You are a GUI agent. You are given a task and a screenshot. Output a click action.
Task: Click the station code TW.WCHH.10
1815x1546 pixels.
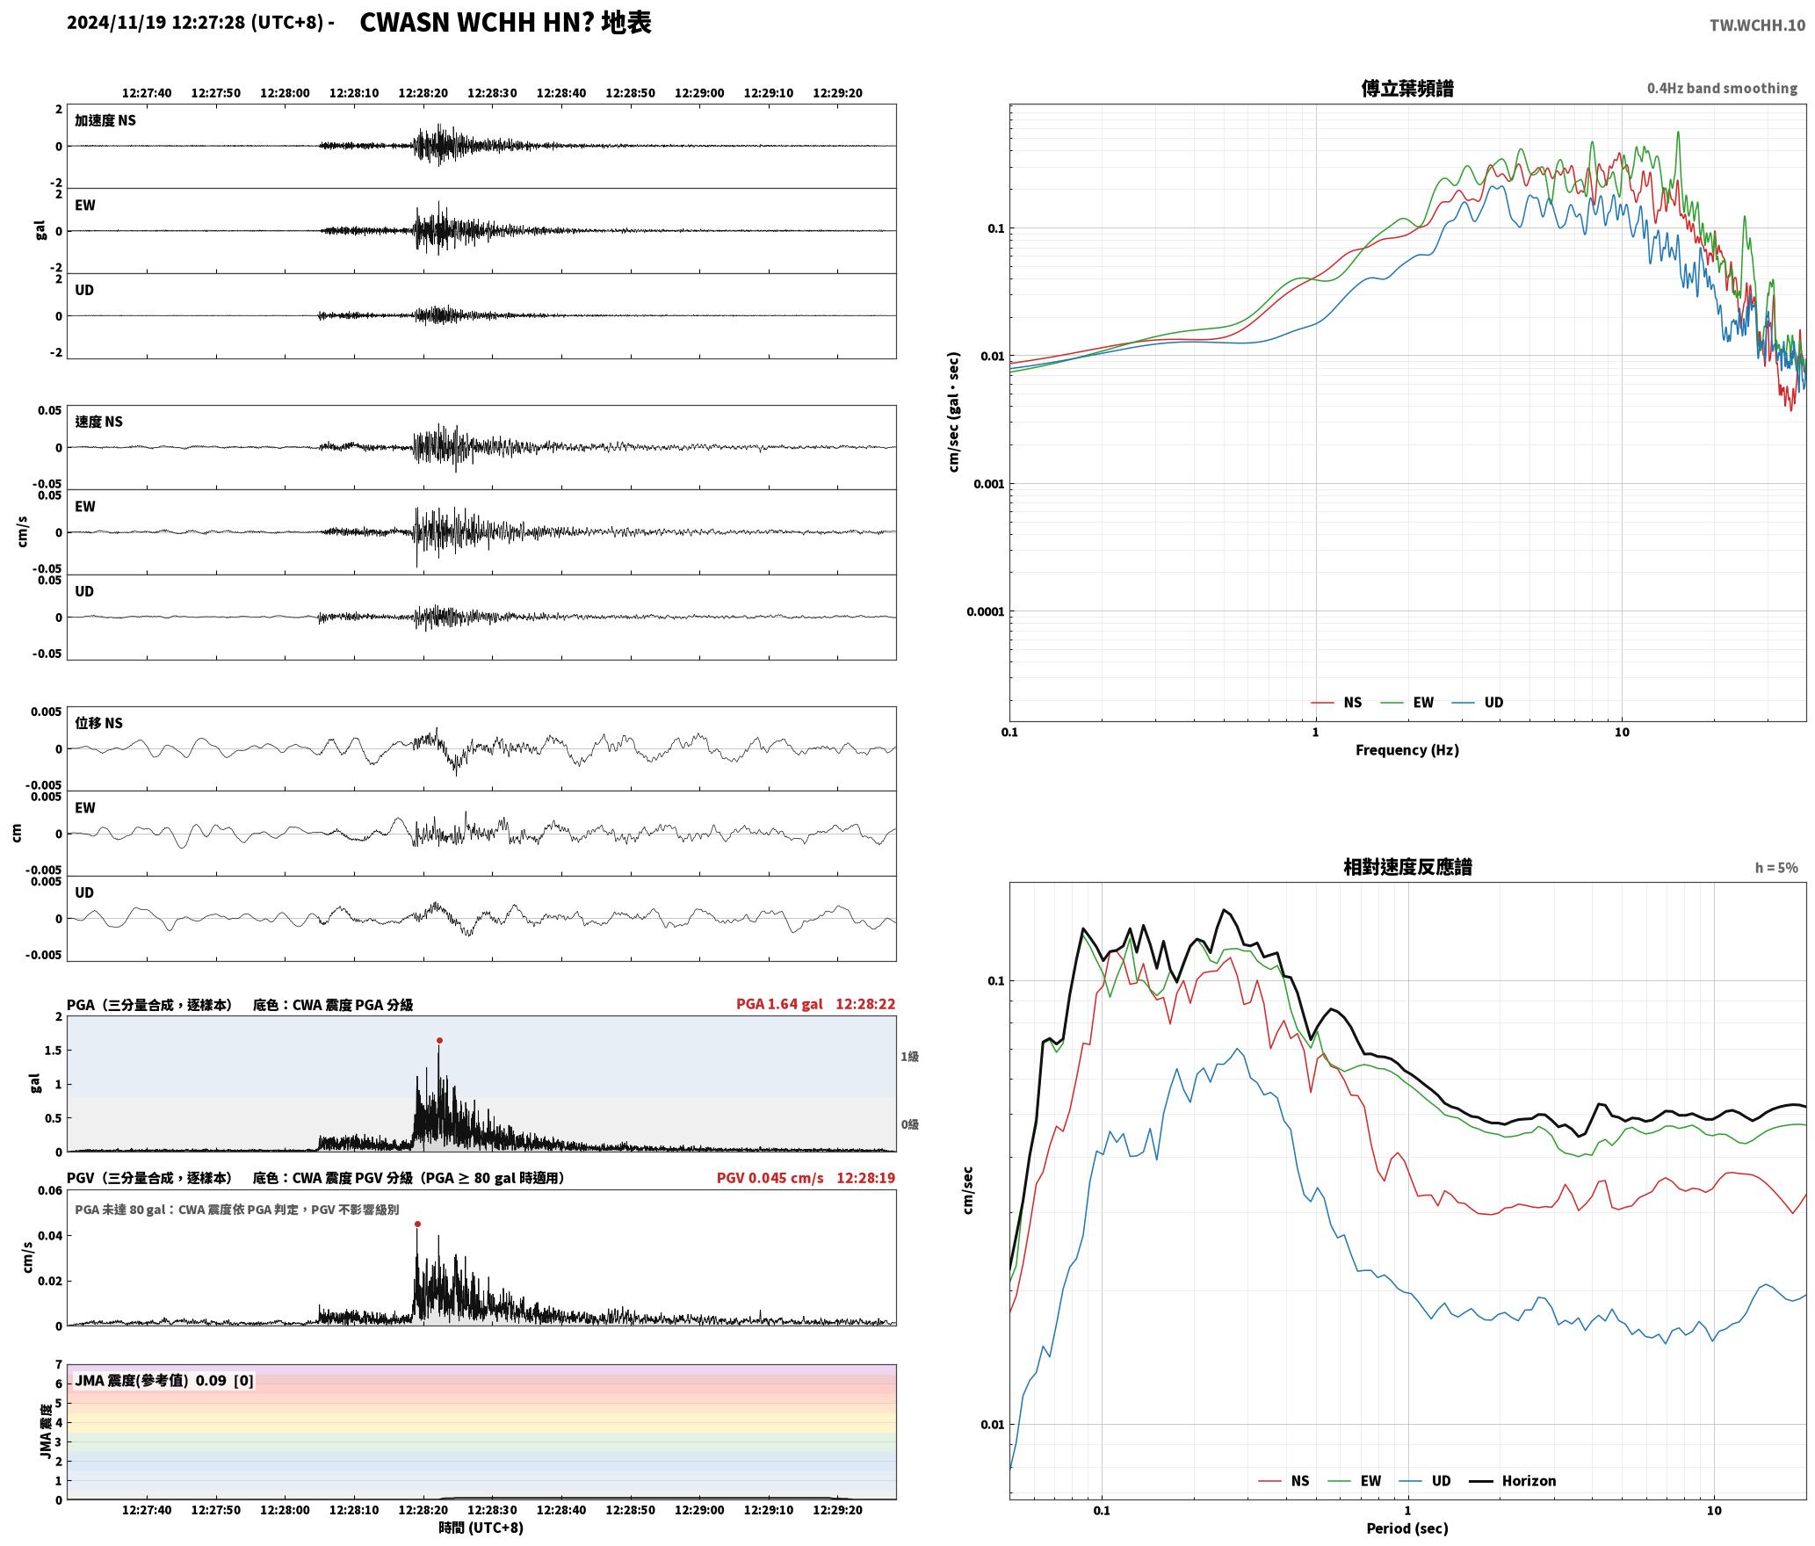click(x=1757, y=25)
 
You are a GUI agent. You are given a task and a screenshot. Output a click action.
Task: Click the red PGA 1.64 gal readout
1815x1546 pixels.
click(x=779, y=1004)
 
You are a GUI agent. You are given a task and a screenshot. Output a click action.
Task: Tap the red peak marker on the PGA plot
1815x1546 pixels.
click(x=439, y=1041)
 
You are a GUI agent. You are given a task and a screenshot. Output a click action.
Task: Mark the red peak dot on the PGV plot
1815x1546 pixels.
click(x=417, y=1224)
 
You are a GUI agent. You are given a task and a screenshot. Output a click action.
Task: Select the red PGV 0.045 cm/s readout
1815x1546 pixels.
click(x=770, y=1178)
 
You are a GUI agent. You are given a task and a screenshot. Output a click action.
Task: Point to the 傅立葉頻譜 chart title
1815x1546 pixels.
click(x=1406, y=88)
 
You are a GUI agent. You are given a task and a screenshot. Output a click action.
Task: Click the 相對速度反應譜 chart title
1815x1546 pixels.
click(x=1407, y=867)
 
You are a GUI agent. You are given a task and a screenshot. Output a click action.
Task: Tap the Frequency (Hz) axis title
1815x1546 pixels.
click(x=1406, y=749)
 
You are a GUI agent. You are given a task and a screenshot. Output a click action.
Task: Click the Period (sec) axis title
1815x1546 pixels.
click(x=1406, y=1528)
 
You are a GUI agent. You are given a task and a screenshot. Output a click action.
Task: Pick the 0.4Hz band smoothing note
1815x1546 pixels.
click(x=1722, y=88)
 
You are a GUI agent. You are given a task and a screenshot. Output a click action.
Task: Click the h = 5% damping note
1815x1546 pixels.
click(x=1776, y=868)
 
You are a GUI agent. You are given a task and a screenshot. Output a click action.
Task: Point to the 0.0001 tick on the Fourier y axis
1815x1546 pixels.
click(x=984, y=611)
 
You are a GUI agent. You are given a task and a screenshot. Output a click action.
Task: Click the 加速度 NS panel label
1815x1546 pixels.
click(x=105, y=120)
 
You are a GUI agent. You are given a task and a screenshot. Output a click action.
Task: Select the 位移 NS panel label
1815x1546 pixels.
click(x=98, y=723)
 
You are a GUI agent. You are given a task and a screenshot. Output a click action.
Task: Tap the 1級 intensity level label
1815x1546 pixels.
click(x=909, y=1057)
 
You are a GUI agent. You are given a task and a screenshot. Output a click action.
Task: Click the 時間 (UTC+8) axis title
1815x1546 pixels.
click(x=481, y=1528)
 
